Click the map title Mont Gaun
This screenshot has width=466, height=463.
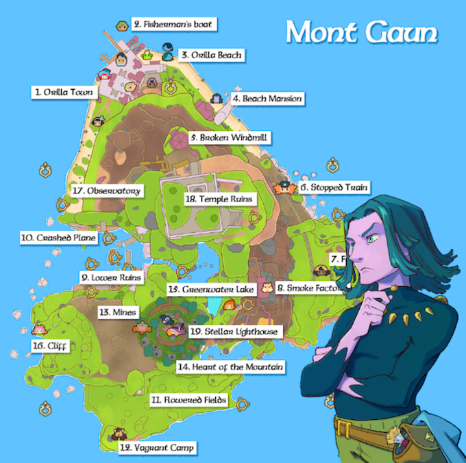coord(361,32)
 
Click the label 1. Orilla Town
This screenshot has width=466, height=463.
coord(64,92)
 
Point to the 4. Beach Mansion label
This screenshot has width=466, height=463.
coord(267,99)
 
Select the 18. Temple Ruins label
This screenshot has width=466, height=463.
coord(219,199)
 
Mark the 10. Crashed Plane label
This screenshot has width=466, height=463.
coord(59,238)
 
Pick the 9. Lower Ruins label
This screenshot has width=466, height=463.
coord(111,278)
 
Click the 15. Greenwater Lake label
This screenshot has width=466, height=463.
coord(211,290)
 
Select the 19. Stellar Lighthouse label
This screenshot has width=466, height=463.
coord(234,331)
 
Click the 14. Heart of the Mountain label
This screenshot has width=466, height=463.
coord(230,367)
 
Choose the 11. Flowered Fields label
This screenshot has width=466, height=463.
coord(188,399)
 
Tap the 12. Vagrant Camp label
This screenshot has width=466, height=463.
coord(157,448)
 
